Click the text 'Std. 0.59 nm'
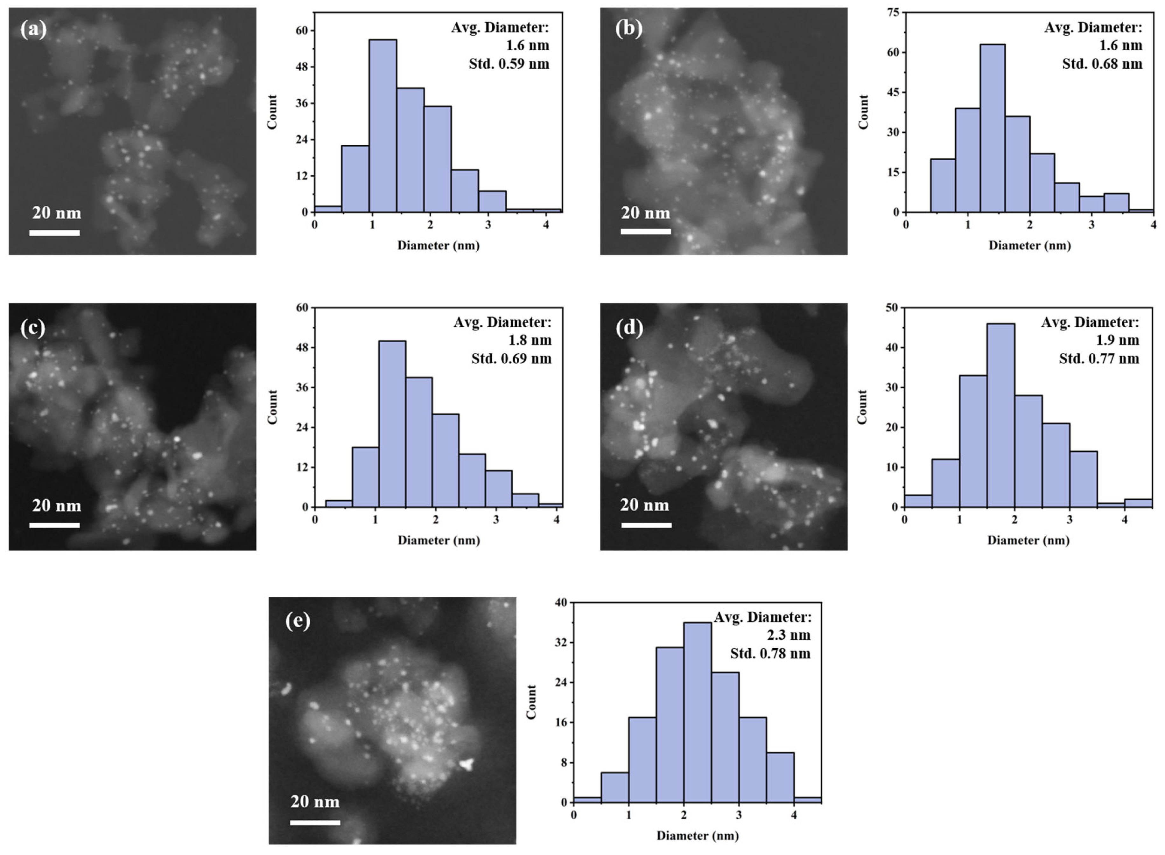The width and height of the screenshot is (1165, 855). [509, 64]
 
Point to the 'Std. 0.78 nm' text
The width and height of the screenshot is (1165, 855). [770, 654]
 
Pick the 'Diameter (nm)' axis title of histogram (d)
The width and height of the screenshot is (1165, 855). [1028, 540]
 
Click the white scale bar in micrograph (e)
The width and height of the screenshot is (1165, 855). [315, 822]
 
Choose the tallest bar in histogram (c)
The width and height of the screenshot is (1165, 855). [392, 424]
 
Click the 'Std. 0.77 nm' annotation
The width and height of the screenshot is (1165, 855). [1099, 359]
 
